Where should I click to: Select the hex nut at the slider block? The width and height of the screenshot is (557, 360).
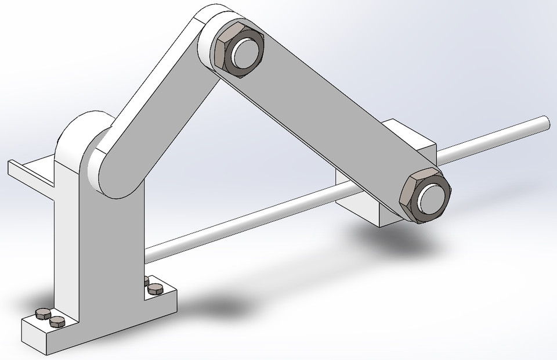coord(409,200)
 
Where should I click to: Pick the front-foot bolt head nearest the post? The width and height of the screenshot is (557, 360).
coord(56,321)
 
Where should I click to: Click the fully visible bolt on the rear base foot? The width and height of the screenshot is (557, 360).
coord(155,288)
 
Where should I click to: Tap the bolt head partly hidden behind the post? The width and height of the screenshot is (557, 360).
coord(146,280)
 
